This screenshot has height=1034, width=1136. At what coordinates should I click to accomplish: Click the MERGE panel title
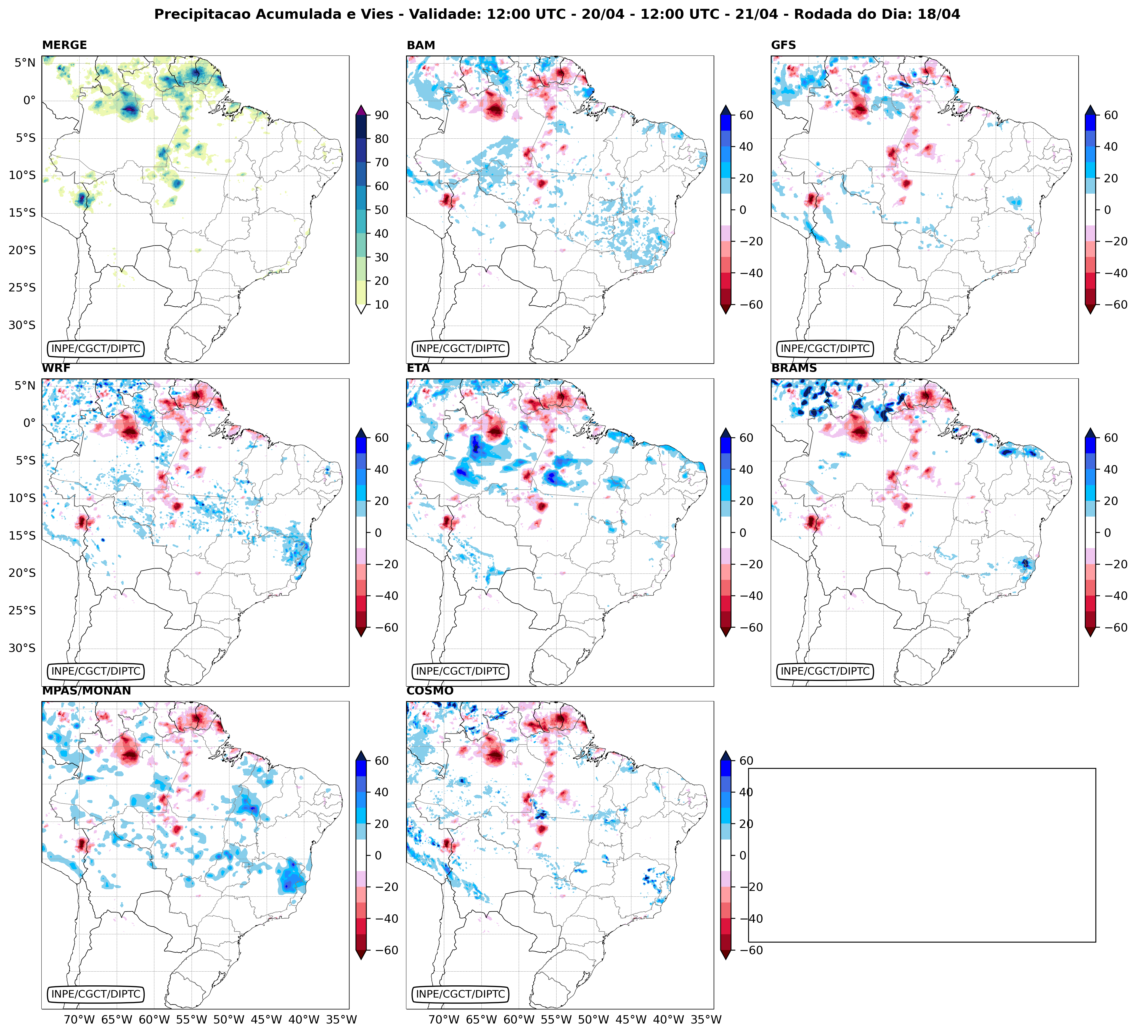tap(64, 45)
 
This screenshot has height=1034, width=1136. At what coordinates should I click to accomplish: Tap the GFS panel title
tap(783, 45)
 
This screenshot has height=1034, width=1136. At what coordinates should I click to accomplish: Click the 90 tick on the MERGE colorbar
tap(382, 115)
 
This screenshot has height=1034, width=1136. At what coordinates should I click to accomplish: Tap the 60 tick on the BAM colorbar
tap(746, 115)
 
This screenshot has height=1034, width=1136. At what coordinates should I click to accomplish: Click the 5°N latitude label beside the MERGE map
tap(25, 63)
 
